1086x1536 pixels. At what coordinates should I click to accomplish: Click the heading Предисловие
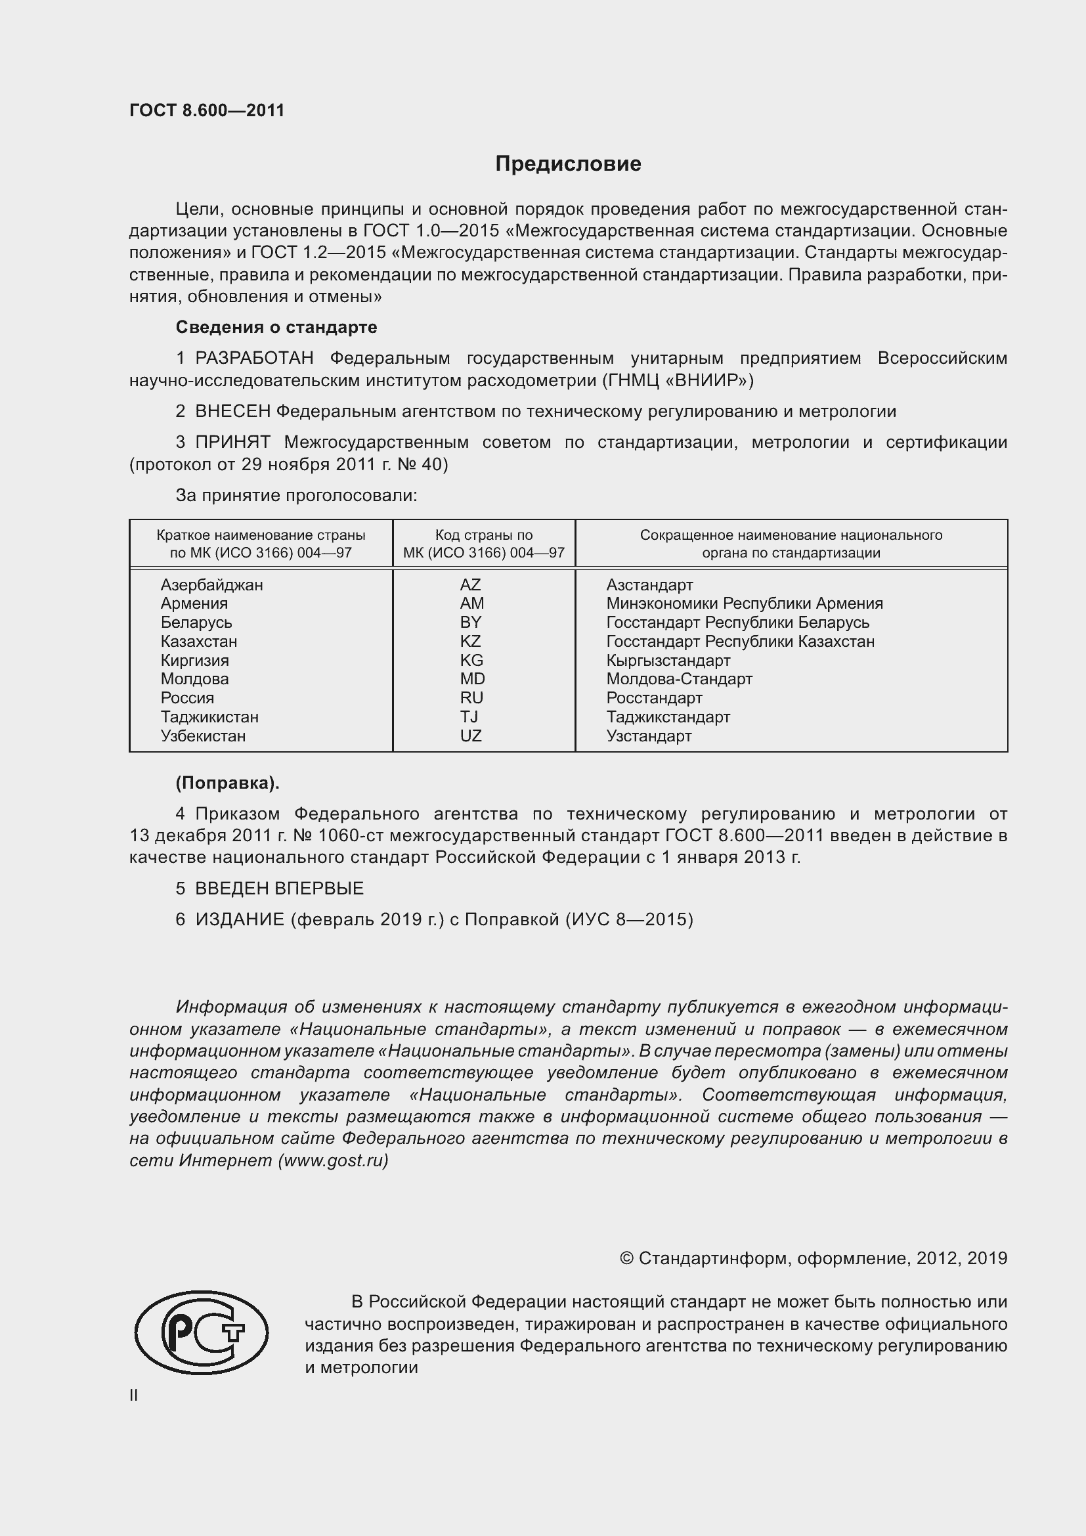point(568,164)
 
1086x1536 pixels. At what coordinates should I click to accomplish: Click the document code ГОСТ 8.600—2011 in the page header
point(207,110)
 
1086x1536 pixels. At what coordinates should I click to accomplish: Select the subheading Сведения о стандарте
point(276,327)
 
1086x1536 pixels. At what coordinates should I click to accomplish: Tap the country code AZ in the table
point(470,584)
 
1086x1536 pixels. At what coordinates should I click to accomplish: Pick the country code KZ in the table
point(470,642)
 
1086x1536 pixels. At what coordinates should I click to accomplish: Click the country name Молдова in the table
point(194,679)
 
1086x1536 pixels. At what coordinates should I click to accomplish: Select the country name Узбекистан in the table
point(203,736)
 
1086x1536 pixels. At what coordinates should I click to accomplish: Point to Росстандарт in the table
point(654,699)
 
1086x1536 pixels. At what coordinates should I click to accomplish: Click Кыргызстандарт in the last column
point(668,660)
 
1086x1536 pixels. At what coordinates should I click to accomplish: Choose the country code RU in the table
point(471,699)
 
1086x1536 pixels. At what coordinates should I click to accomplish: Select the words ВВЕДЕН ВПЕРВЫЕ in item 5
point(279,889)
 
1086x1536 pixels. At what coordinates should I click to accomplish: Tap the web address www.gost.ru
point(332,1160)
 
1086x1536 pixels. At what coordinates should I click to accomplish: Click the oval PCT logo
point(201,1332)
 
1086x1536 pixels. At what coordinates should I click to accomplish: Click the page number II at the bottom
point(134,1395)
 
